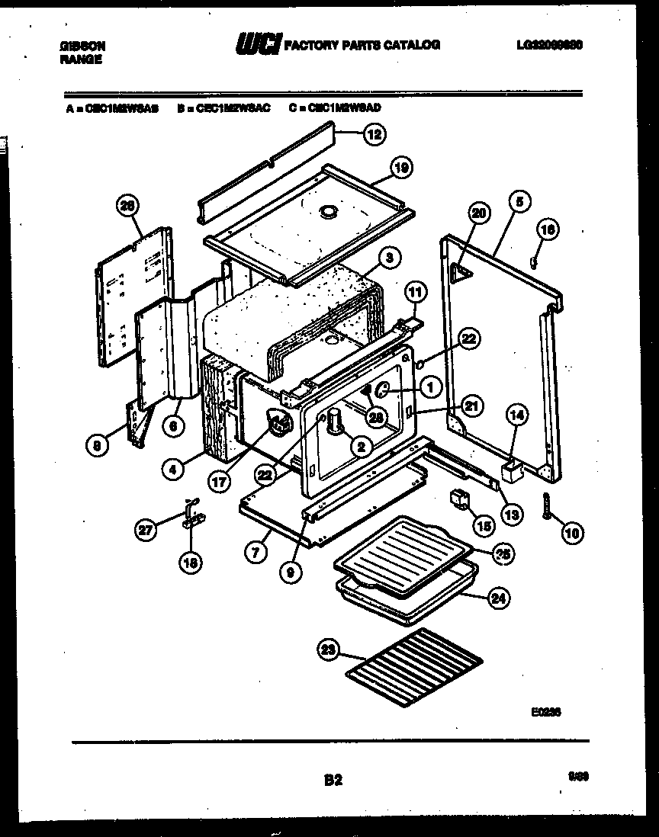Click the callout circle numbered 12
coord(372,135)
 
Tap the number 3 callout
coord(388,258)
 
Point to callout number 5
coord(519,203)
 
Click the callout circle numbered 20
coord(477,214)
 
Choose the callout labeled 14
coord(517,415)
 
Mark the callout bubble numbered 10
coord(571,533)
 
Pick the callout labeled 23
coord(328,649)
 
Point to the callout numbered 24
coord(497,598)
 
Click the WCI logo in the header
coord(259,45)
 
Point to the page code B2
coord(333,780)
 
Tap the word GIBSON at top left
coord(82,46)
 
